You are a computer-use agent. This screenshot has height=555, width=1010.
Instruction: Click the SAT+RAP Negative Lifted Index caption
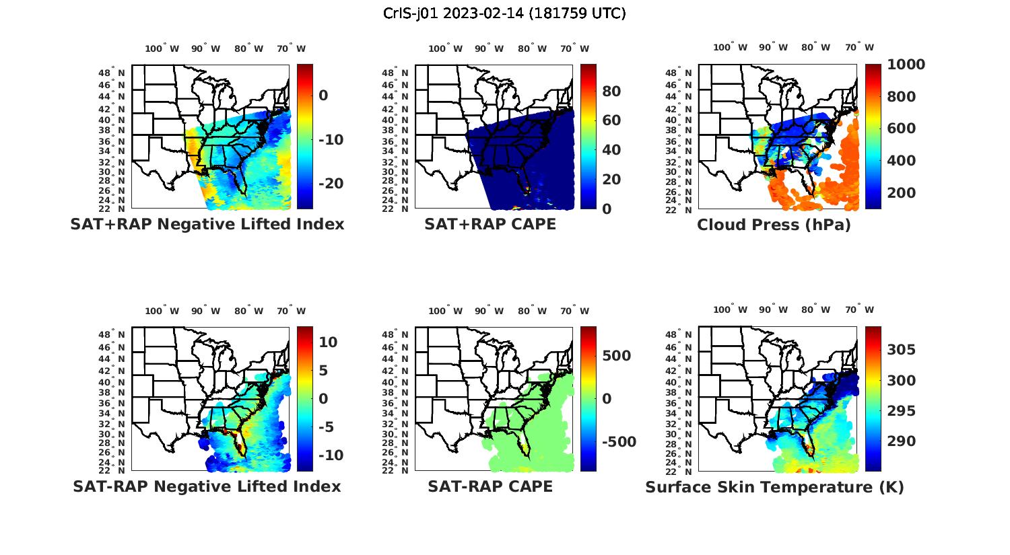pyautogui.click(x=207, y=224)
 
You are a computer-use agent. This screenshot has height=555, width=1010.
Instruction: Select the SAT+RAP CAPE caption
pyautogui.click(x=490, y=224)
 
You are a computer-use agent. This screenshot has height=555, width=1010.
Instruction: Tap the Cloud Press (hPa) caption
pyautogui.click(x=774, y=225)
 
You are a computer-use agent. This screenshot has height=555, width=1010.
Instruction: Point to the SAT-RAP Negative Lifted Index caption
pyautogui.click(x=207, y=486)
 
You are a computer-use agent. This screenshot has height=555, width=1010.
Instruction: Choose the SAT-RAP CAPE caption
pyautogui.click(x=490, y=486)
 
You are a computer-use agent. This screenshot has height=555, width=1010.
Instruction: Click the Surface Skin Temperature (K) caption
pyautogui.click(x=774, y=487)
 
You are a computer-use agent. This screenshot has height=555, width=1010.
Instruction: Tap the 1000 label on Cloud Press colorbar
pyautogui.click(x=906, y=65)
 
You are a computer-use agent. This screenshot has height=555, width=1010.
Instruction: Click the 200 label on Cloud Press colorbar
pyautogui.click(x=901, y=193)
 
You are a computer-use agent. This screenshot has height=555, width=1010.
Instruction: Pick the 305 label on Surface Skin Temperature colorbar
pyautogui.click(x=901, y=350)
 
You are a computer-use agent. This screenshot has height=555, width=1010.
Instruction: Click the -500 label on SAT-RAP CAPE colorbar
pyautogui.click(x=619, y=442)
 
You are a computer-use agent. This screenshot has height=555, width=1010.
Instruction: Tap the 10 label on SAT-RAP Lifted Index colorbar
pyautogui.click(x=328, y=342)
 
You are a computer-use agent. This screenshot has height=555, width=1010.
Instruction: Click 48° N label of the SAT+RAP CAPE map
pyautogui.click(x=395, y=73)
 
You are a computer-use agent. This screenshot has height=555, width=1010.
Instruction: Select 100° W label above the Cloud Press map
pyautogui.click(x=731, y=47)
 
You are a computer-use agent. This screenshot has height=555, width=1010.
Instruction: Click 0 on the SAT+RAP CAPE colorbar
pyautogui.click(x=607, y=209)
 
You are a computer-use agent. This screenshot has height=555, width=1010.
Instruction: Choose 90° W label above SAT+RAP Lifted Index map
pyautogui.click(x=205, y=48)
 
